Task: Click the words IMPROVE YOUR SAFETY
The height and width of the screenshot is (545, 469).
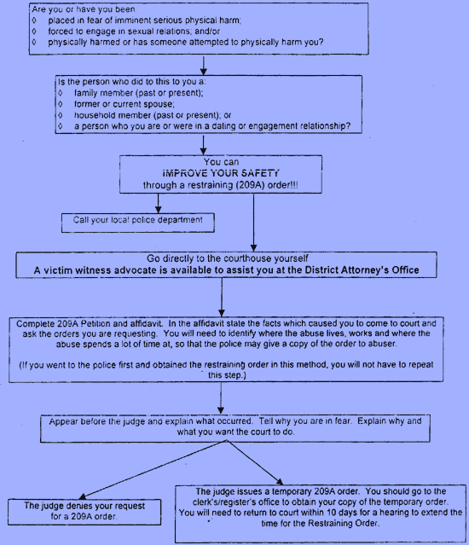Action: (x=221, y=173)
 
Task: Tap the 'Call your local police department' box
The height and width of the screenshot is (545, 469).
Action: (x=138, y=223)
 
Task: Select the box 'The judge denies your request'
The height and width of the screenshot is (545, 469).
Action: (x=84, y=512)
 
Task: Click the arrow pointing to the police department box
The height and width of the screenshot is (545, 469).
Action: (x=158, y=203)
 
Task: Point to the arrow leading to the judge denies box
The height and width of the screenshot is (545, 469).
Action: (x=153, y=469)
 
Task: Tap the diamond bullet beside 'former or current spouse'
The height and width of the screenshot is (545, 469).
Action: (x=60, y=104)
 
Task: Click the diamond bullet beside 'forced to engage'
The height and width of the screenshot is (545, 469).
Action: (x=34, y=32)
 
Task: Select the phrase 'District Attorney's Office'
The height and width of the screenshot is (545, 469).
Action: (x=362, y=270)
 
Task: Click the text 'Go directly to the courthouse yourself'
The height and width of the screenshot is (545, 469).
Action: (x=227, y=258)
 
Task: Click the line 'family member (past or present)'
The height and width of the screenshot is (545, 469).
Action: (x=139, y=93)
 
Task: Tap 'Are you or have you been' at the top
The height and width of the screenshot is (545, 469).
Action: (x=84, y=9)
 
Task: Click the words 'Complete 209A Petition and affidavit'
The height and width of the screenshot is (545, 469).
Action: (x=90, y=323)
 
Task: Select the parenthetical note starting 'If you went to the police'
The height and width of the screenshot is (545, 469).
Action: (x=227, y=370)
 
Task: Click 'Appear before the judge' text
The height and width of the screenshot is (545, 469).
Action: (x=98, y=421)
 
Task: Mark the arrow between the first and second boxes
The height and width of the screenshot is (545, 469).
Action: (x=204, y=65)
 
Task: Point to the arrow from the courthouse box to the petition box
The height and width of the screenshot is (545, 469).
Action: (x=222, y=297)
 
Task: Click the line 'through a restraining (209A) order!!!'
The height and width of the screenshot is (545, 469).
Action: (x=220, y=185)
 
